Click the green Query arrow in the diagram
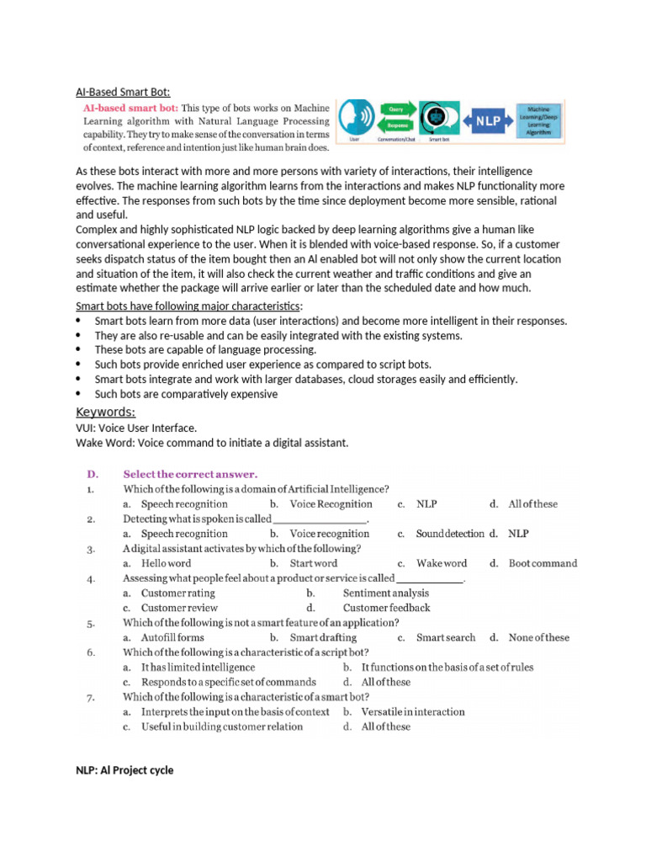pos(396,109)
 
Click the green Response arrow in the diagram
pos(396,125)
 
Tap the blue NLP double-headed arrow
pos(489,121)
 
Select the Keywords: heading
pos(105,412)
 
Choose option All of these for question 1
pos(532,504)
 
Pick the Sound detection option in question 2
pos(450,534)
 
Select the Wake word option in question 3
pos(441,563)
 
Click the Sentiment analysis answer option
pos(386,593)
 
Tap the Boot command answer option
pos(543,563)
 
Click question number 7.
pos(90,697)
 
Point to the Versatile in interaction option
pos(412,711)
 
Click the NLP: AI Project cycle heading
pos(124,769)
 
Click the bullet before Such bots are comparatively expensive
pos(79,394)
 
